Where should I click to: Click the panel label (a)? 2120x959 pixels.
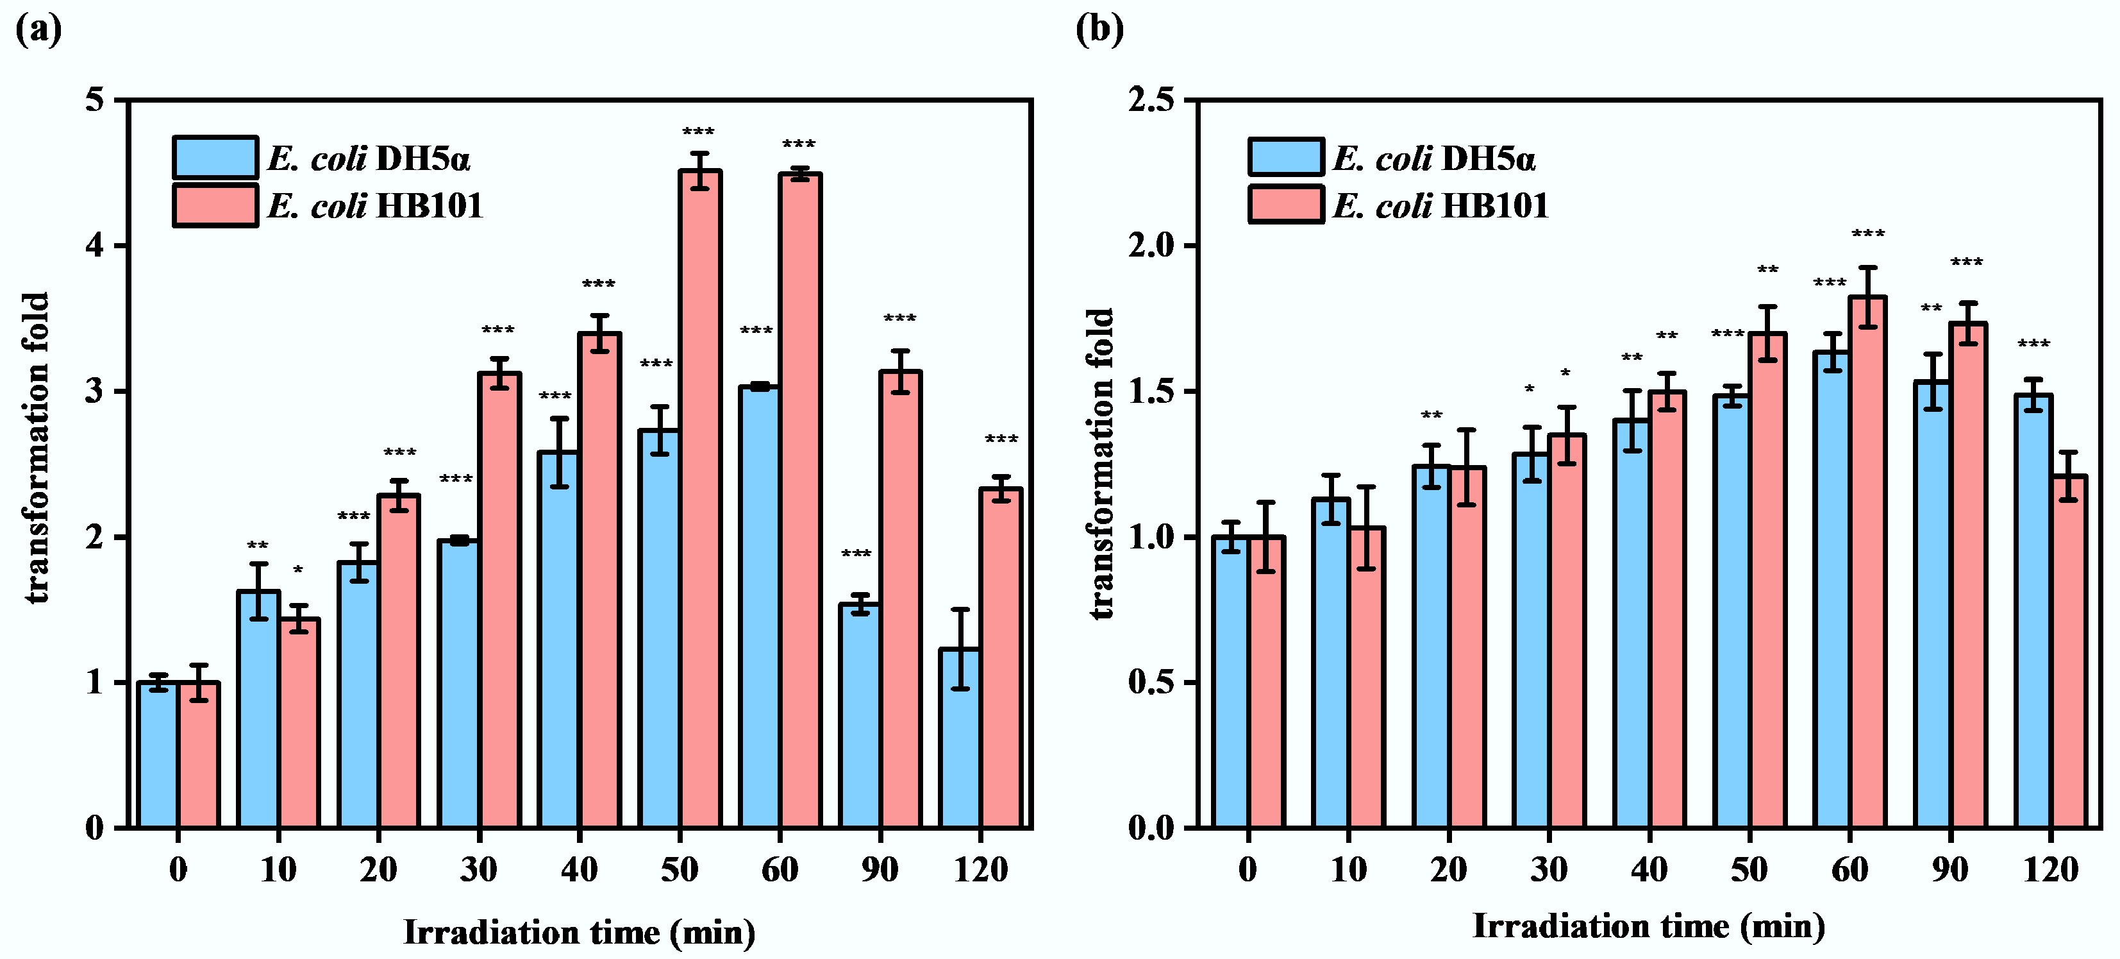coord(38,30)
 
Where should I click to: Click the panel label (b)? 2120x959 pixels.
coord(1099,30)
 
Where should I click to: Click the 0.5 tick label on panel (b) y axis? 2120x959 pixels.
coord(1151,683)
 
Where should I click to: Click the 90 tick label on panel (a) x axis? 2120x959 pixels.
coord(880,869)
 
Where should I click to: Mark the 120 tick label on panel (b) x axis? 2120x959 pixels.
coord(2050,869)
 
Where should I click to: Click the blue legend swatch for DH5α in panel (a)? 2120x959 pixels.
coord(215,157)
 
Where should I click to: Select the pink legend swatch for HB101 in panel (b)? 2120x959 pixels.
coord(1285,204)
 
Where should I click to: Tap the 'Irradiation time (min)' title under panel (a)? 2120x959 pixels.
coord(580,933)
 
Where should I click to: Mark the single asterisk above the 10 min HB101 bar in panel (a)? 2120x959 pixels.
coord(298,570)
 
